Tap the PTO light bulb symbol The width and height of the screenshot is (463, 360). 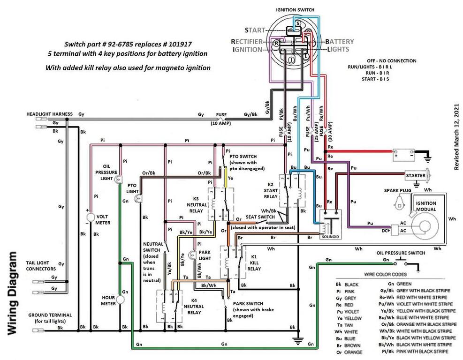[138, 198]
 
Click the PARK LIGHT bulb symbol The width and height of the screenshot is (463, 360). [191, 255]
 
